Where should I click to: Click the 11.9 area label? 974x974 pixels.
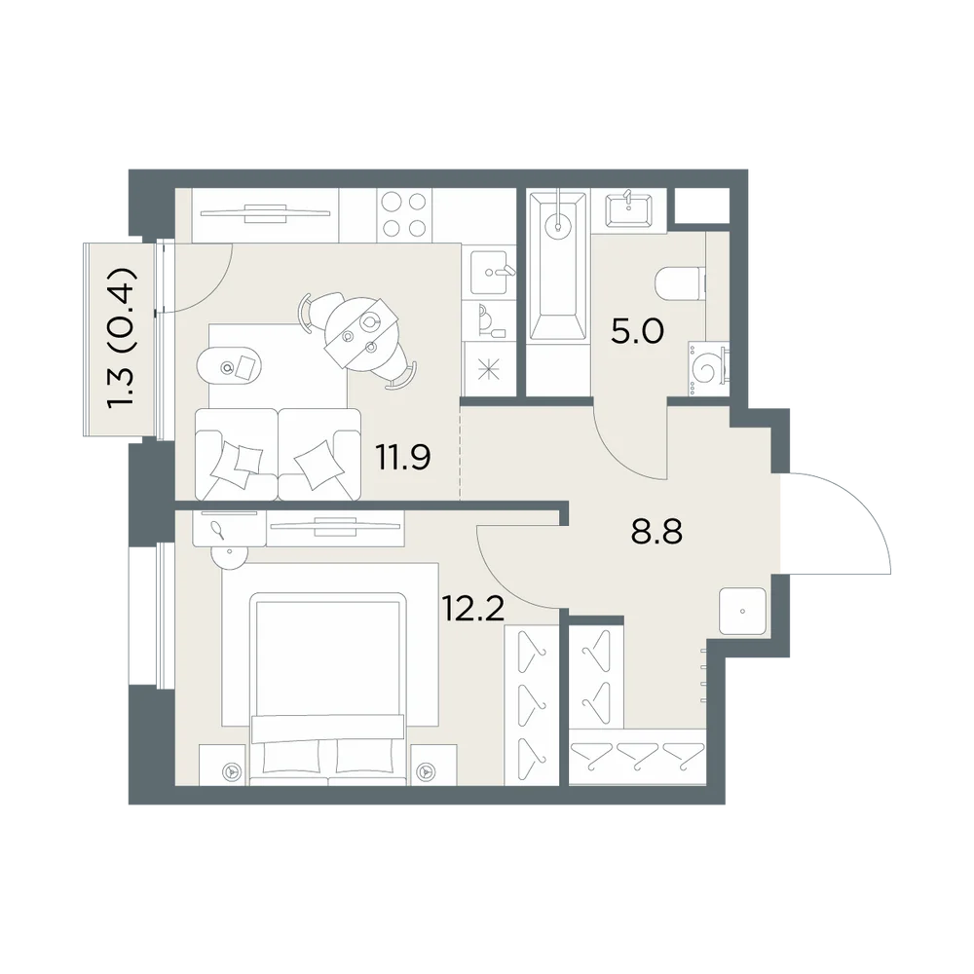click(403, 458)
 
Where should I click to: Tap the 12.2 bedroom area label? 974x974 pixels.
click(472, 608)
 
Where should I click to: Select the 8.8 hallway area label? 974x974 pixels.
click(656, 532)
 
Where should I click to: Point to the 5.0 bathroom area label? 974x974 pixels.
click(637, 331)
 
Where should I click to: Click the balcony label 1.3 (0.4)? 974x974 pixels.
click(121, 339)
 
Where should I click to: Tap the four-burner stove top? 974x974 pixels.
click(404, 215)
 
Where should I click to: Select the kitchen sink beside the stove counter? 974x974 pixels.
click(493, 272)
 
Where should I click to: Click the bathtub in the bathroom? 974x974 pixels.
click(558, 266)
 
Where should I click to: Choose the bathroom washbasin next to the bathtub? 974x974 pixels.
click(628, 210)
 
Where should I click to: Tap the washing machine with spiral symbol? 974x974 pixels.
click(707, 369)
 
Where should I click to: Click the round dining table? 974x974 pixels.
click(362, 330)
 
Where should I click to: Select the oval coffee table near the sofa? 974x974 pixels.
click(229, 368)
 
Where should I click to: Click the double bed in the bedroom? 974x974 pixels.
click(328, 689)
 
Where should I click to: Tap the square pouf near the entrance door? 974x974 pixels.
click(743, 612)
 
